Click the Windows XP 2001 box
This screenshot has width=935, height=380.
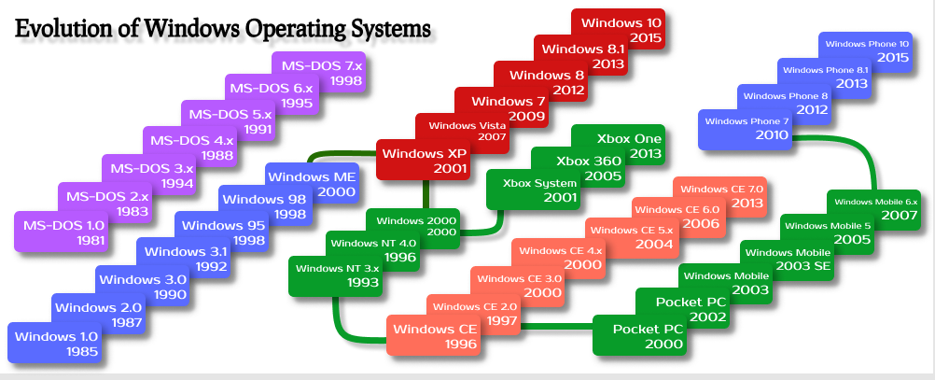point(423,160)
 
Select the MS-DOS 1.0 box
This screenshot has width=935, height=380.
point(61,231)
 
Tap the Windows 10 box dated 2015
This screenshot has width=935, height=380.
point(618,29)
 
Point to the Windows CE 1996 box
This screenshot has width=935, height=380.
point(434,335)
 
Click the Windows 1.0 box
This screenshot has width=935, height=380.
point(54,343)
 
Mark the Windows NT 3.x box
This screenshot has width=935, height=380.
point(335,275)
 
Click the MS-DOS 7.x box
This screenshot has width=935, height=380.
point(318,72)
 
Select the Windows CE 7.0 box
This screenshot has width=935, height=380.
point(720,196)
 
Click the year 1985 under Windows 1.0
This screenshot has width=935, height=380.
point(82,351)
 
